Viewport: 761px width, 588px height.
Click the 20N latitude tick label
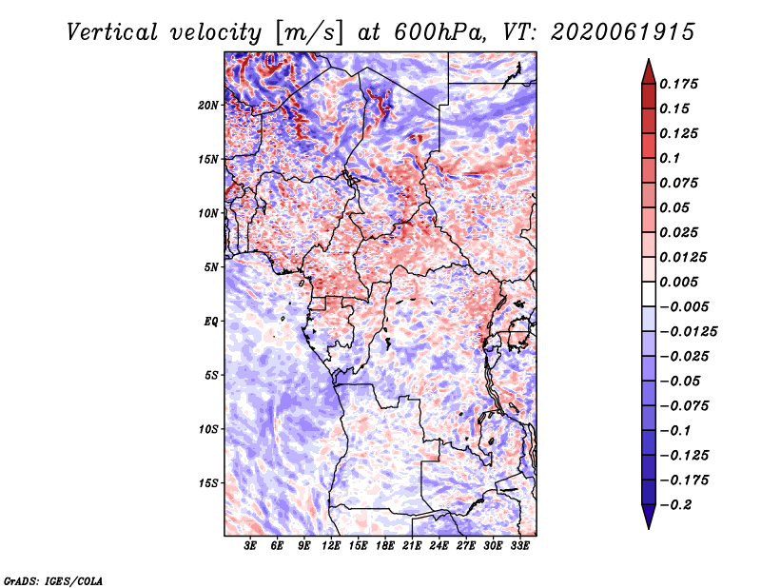pyautogui.click(x=207, y=106)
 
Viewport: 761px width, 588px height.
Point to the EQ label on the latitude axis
pyautogui.click(x=210, y=322)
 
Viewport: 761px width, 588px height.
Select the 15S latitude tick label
pyautogui.click(x=208, y=483)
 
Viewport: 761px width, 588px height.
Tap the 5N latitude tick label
pyautogui.click(x=211, y=267)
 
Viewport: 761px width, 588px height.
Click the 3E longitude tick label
pyautogui.click(x=250, y=545)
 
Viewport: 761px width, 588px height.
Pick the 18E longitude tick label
pyautogui.click(x=385, y=545)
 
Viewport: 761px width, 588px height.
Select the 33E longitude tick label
pyautogui.click(x=519, y=545)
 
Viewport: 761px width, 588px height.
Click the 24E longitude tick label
pyautogui.click(x=439, y=545)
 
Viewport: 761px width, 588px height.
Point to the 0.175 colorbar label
pyautogui.click(x=678, y=84)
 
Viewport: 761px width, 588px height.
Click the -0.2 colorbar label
pyautogui.click(x=675, y=505)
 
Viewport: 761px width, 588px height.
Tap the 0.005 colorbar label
pyautogui.click(x=678, y=282)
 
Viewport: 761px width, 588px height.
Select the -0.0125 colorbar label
pyautogui.click(x=688, y=332)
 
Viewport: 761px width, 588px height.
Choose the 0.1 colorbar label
pyautogui.click(x=670, y=158)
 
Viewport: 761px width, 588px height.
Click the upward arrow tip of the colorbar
pyautogui.click(x=649, y=59)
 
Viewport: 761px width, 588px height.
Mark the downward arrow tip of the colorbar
pyautogui.click(x=649, y=528)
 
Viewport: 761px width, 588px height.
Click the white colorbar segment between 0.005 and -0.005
pyautogui.click(x=649, y=294)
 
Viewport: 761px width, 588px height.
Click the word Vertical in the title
pyautogui.click(x=112, y=32)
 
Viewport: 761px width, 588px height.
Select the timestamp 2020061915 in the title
pyautogui.click(x=623, y=32)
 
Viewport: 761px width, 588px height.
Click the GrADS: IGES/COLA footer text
pyautogui.click(x=53, y=580)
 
